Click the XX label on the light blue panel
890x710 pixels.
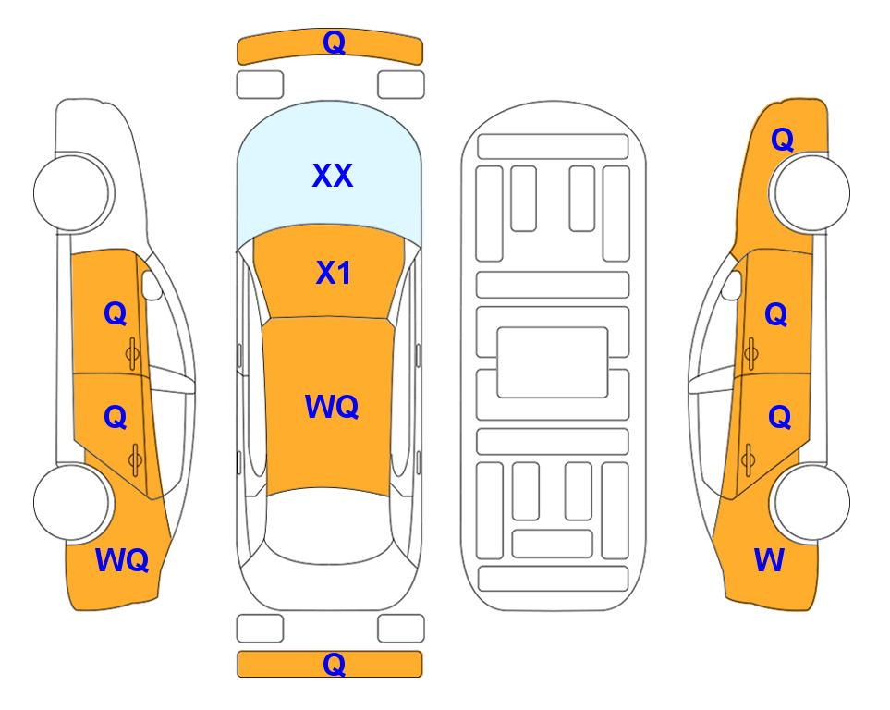click(333, 175)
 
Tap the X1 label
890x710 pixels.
click(334, 273)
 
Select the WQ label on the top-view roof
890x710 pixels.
click(332, 407)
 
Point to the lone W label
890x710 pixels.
click(769, 560)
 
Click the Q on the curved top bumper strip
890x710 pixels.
click(335, 43)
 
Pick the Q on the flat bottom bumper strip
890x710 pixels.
click(334, 664)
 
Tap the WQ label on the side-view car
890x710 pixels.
click(122, 560)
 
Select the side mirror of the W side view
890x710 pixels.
click(731, 285)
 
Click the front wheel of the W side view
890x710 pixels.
click(810, 192)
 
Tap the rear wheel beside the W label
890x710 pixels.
click(810, 502)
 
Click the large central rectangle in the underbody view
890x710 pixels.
click(553, 362)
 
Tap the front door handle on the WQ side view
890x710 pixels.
click(133, 354)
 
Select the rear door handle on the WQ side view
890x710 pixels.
click(135, 459)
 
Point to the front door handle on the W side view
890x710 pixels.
click(750, 354)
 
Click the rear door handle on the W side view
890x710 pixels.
click(748, 459)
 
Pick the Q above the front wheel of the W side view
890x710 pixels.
click(782, 140)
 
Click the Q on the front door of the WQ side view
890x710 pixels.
click(116, 313)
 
